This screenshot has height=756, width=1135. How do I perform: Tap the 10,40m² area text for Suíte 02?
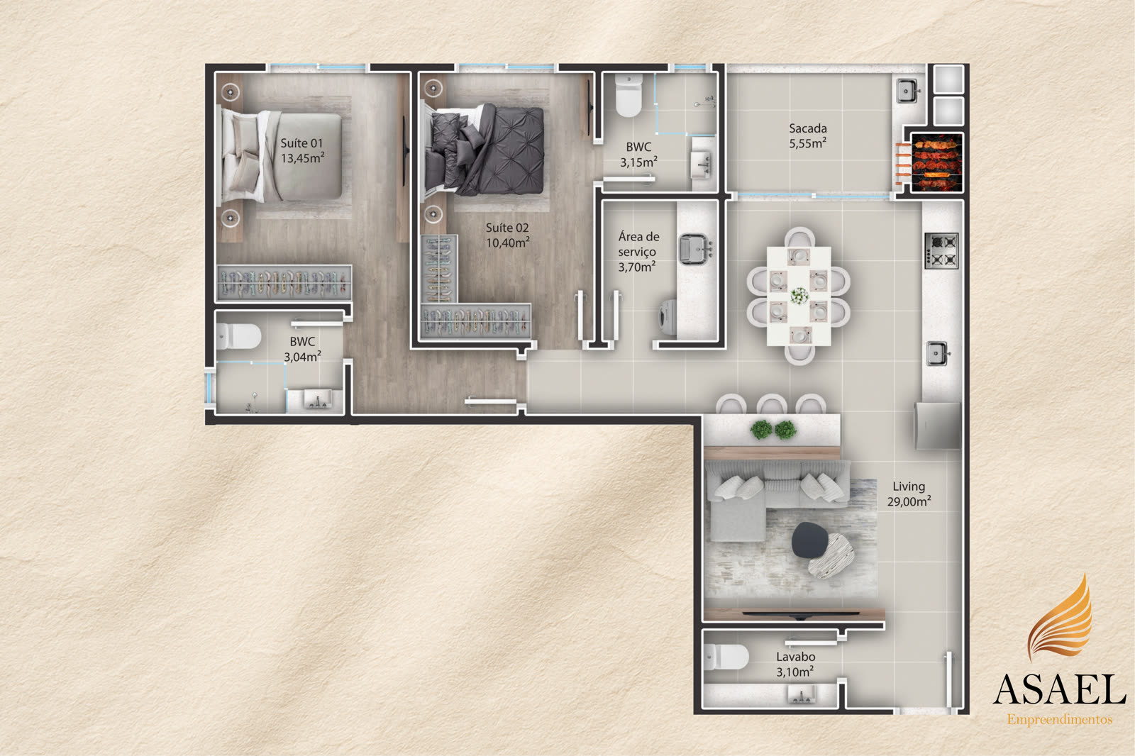coord(508,243)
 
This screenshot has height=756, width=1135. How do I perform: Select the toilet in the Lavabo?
coord(726,657)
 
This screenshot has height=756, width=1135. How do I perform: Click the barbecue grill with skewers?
coord(936,162)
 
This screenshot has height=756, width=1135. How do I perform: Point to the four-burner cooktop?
coord(941,250)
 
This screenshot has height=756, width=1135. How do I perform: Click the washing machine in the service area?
coord(668,317)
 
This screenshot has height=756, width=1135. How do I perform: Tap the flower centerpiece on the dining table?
coord(799,296)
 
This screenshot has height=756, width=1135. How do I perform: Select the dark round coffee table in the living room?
coord(809,540)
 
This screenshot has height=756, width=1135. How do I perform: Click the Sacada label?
coord(808,128)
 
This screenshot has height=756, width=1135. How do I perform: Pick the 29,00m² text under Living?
coord(909,501)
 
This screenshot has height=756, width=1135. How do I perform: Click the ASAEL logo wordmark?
coord(1060,689)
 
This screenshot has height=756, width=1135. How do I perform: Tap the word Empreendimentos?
coord(1060,720)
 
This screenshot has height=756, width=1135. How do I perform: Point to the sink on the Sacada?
coord(907,91)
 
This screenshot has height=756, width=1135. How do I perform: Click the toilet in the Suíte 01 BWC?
coord(238,336)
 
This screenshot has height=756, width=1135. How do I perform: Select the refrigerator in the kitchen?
coord(937,426)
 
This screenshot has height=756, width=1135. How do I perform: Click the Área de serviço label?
coord(638,252)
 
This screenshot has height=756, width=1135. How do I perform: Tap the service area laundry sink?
coord(695,249)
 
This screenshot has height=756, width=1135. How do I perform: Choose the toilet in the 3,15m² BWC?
coord(629,95)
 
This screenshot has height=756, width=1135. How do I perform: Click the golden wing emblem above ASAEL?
coord(1060,617)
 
